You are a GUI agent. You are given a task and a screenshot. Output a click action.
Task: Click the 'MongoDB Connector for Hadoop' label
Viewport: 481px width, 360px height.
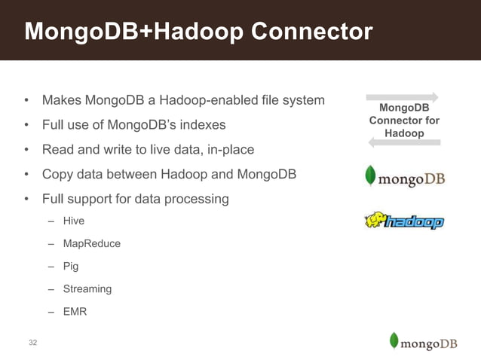404,121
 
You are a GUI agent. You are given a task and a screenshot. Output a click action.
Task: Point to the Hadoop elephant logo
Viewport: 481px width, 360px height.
404,221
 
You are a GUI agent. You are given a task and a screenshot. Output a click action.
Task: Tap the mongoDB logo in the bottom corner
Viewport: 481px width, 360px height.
423,342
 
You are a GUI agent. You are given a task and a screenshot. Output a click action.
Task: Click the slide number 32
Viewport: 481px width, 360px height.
33,343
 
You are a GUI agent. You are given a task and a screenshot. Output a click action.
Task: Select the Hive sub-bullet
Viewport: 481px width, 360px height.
74,221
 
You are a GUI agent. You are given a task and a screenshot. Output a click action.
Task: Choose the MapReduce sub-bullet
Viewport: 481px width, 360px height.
91,243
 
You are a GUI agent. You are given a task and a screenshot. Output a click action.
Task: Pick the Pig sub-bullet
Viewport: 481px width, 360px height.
71,266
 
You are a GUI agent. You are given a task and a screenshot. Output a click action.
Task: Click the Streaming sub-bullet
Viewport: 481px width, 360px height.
87,288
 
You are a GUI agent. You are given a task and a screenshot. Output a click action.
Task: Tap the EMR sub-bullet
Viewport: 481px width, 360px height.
75,311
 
